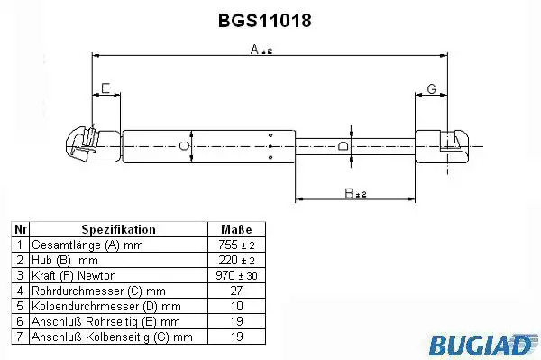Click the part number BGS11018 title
265,21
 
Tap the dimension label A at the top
261,50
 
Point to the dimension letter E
105,88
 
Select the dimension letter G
432,88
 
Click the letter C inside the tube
185,146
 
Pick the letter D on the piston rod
343,146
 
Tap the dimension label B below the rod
355,193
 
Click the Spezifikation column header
118,229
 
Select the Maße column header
236,229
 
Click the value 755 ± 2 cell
236,245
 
